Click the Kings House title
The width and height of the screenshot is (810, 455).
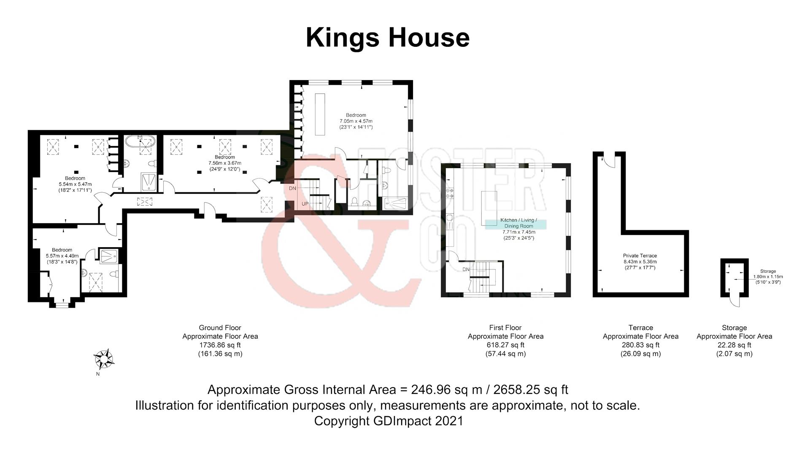(387, 38)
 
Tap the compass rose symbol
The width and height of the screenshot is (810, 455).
(103, 359)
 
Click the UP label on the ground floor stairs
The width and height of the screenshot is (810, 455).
(305, 204)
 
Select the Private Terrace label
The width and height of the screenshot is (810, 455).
(640, 256)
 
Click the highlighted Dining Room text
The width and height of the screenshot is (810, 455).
(518, 226)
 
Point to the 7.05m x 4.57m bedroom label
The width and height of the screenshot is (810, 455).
(356, 121)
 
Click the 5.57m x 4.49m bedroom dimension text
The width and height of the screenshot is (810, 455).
(62, 256)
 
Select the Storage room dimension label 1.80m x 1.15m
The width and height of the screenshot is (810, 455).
(768, 277)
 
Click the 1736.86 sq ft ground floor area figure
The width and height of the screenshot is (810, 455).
(220, 345)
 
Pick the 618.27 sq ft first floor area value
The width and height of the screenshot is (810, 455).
(505, 345)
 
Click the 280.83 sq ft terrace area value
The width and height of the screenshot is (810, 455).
(640, 345)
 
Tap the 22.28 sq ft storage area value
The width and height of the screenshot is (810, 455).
(734, 345)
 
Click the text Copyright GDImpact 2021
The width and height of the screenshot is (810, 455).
(388, 421)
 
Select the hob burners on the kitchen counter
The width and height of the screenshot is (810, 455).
(450, 193)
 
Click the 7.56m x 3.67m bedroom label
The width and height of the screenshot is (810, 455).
(224, 163)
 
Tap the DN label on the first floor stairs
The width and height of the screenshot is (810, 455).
(466, 269)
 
